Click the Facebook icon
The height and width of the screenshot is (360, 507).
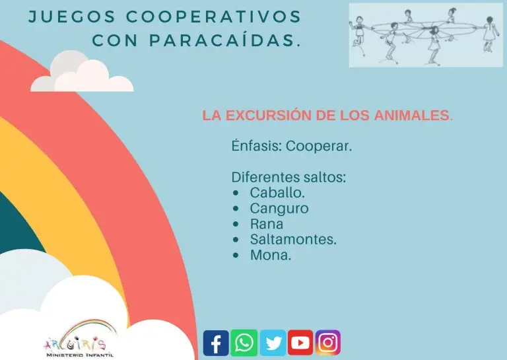[216, 343]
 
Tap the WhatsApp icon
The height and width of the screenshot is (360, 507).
[244, 343]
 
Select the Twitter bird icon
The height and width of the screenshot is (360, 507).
[273, 343]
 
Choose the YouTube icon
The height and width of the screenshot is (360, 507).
[300, 343]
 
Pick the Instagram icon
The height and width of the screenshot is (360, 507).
[328, 343]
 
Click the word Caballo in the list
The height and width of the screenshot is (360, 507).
[277, 193]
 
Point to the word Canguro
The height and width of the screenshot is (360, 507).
[279, 209]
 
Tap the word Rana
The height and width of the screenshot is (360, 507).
[267, 224]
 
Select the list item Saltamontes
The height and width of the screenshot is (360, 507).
[293, 239]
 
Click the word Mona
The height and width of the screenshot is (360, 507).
[271, 255]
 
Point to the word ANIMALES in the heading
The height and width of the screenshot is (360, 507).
[413, 115]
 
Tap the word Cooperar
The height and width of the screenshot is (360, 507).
[318, 146]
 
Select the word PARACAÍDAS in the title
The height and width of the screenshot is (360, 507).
[225, 40]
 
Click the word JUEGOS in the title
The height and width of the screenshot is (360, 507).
[72, 17]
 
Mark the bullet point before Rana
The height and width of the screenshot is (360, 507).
[236, 224]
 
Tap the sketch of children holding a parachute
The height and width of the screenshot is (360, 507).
[426, 35]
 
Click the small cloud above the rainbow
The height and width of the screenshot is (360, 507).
[82, 71]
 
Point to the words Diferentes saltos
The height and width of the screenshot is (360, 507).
[288, 177]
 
